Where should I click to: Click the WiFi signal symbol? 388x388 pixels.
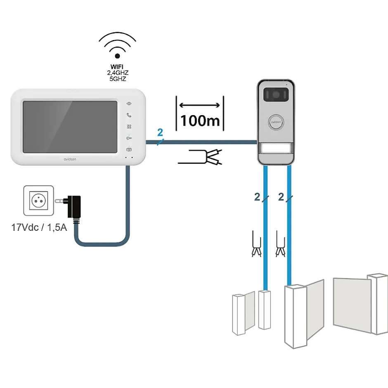click(117, 45)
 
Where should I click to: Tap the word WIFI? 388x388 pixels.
click(117, 66)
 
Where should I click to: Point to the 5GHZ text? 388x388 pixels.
click(117, 78)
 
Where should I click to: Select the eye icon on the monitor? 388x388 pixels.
click(129, 103)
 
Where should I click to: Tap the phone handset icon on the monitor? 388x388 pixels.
click(129, 115)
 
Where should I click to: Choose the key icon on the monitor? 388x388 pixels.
click(129, 138)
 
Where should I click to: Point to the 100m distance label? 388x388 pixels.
click(200, 120)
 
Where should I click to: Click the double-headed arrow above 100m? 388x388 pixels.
click(200, 105)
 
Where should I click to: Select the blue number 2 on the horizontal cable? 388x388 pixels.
click(160, 133)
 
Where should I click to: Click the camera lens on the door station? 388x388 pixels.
click(275, 95)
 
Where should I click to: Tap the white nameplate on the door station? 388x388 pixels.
click(276, 149)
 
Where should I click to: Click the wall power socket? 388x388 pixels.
click(39, 201)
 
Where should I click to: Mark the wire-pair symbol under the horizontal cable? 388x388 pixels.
click(201, 157)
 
